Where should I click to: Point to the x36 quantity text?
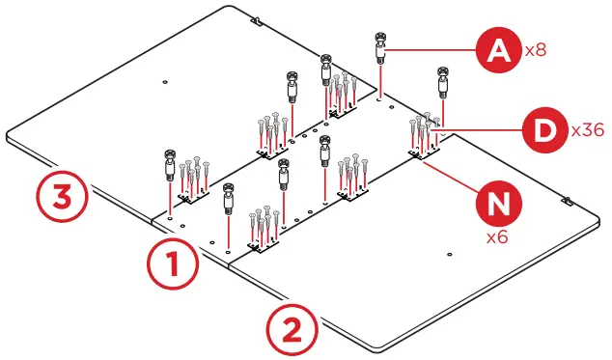(587, 128)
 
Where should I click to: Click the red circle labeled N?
(498, 206)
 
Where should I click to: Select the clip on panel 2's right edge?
(567, 203)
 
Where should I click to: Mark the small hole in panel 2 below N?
(453, 252)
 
